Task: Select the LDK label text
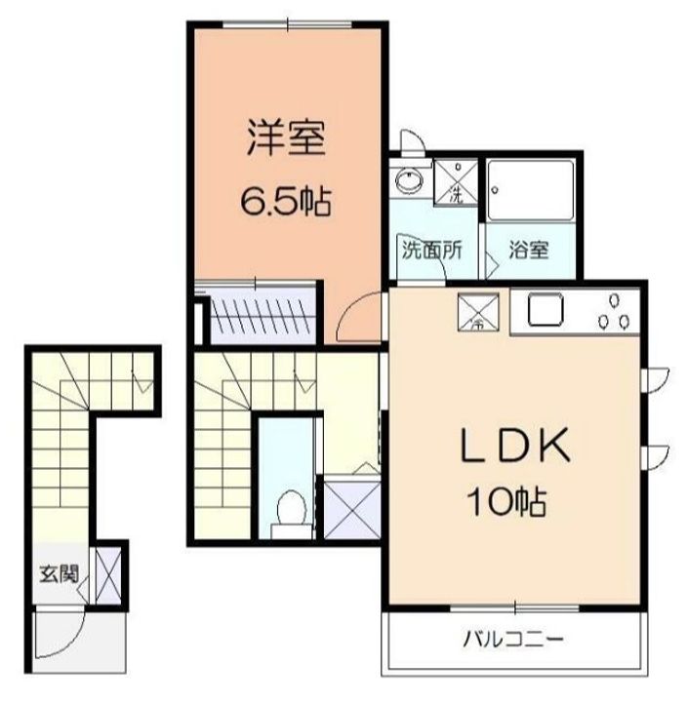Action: [x=514, y=448]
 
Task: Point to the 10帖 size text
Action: [x=510, y=503]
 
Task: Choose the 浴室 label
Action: [x=528, y=249]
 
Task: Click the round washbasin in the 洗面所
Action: [x=407, y=181]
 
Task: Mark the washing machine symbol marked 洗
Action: [x=455, y=181]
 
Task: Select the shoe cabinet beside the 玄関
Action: [x=108, y=576]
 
